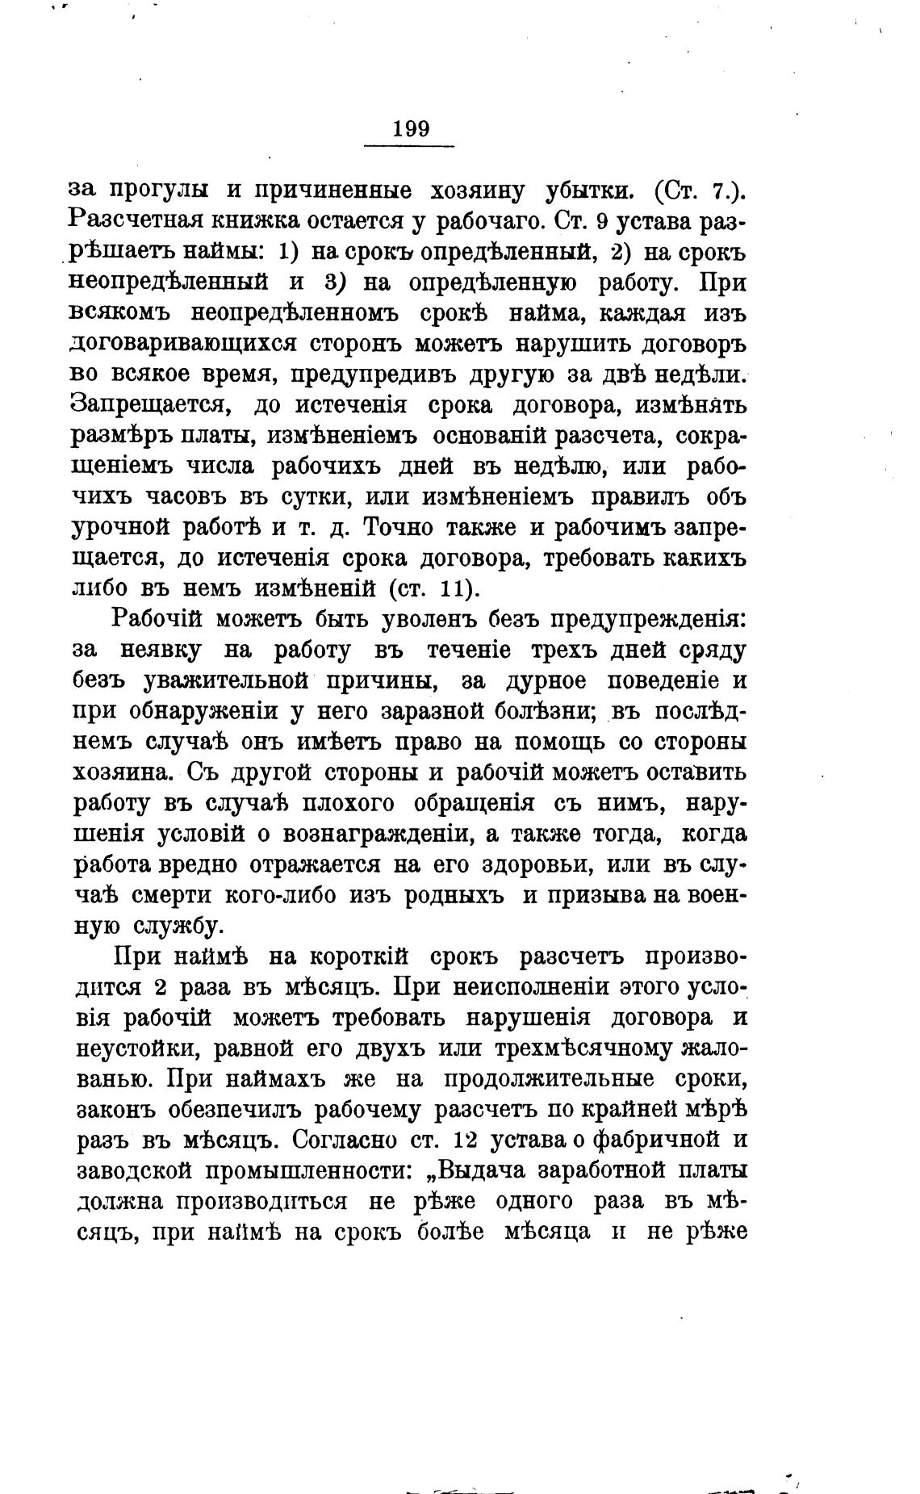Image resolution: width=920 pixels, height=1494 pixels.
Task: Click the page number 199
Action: pyautogui.click(x=411, y=129)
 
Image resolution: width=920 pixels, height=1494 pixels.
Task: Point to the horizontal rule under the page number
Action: pyautogui.click(x=410, y=146)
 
